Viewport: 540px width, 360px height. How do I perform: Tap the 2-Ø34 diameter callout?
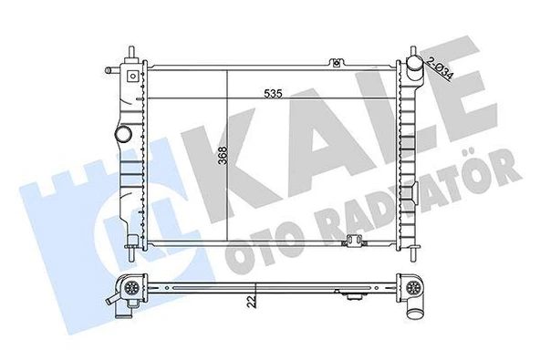[x=441, y=67]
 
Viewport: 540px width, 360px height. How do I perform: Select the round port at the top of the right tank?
[x=416, y=65]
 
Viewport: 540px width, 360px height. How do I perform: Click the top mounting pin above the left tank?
[x=134, y=51]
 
